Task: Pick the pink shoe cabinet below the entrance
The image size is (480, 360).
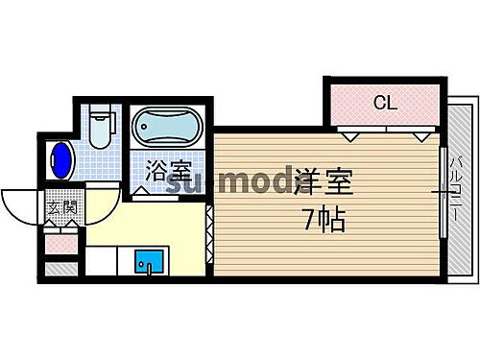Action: click(x=59, y=242)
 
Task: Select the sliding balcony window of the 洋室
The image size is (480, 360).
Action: click(x=443, y=192)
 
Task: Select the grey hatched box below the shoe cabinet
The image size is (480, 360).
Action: click(x=59, y=267)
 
